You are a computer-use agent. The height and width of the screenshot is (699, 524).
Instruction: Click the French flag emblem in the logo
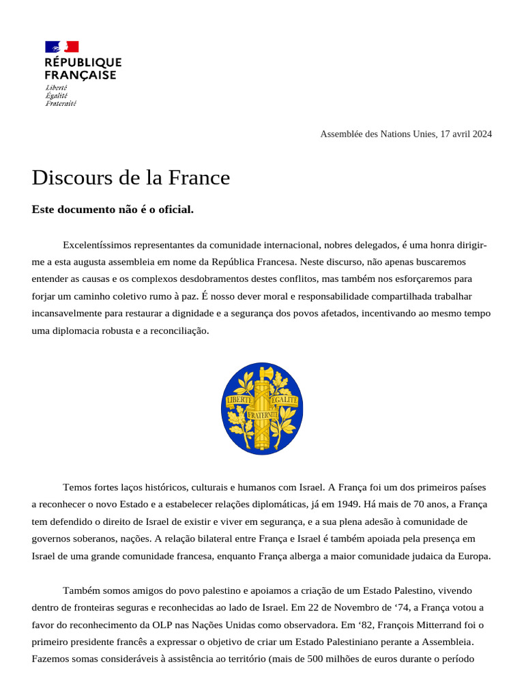pos(62,46)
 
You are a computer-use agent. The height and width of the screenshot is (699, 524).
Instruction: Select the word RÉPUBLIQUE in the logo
pos(83,63)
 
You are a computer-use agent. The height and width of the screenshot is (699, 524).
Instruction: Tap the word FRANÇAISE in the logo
pos(81,75)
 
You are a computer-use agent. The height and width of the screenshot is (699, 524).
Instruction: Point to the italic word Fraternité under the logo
pos(61,104)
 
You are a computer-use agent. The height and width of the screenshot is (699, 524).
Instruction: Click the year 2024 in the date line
pos(480,134)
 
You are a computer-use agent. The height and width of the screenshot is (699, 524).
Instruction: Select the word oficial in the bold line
pos(175,210)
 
